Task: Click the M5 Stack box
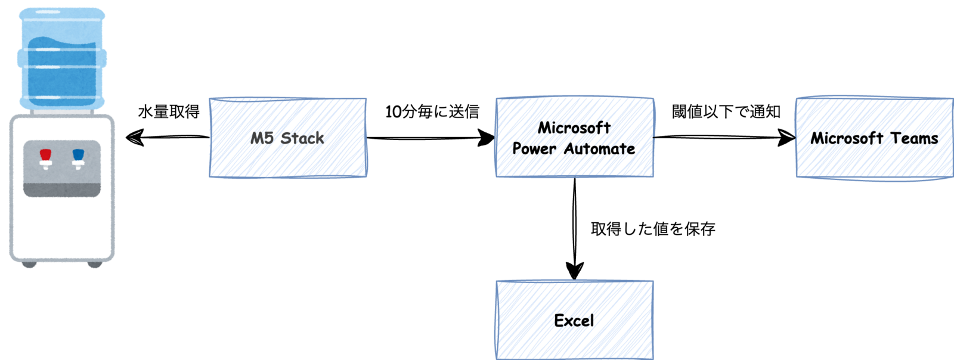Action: pos(288,138)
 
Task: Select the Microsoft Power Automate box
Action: pos(574,138)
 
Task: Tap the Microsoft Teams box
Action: pos(874,138)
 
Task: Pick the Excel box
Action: pos(574,320)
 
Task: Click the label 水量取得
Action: pos(169,111)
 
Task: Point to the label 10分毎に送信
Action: pos(432,111)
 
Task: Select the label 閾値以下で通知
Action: pos(726,111)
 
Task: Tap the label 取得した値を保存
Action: pos(653,229)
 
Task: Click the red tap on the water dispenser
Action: pos(45,157)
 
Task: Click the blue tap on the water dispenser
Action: pos(78,157)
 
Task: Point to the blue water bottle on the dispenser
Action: pos(62,60)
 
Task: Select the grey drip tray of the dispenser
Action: pos(62,190)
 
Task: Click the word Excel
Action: pos(574,321)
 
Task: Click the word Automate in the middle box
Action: pos(600,148)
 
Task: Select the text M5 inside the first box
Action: pos(262,138)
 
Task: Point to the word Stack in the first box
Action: pos(302,138)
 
